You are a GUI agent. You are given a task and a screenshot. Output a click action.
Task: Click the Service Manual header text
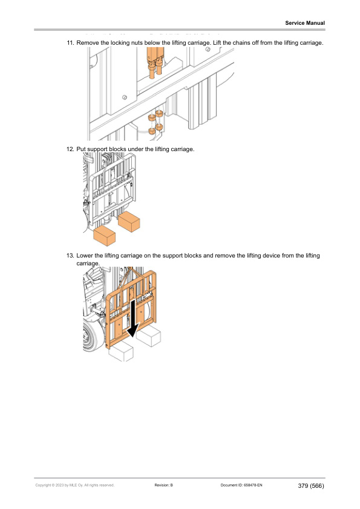tap(305, 23)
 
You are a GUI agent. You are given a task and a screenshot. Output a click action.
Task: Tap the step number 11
tap(70, 43)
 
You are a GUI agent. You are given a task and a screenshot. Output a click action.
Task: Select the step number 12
tap(70, 149)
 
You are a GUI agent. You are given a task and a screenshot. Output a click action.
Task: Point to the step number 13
tap(70, 256)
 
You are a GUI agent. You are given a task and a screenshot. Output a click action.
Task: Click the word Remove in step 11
tap(88, 43)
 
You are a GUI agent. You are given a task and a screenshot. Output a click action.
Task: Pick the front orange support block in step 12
tap(104, 236)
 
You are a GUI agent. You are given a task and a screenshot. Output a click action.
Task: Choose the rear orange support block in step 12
tap(129, 221)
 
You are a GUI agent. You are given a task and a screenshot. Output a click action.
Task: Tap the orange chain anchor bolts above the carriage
tap(155, 63)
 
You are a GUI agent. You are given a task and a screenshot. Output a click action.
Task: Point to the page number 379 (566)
tap(311, 485)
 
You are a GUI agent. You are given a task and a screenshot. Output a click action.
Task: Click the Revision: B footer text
tap(164, 485)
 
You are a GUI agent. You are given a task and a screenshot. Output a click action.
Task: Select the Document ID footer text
tap(241, 485)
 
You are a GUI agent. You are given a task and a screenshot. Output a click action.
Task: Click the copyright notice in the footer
tap(75, 485)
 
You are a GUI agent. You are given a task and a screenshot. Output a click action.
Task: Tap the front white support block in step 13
tap(120, 351)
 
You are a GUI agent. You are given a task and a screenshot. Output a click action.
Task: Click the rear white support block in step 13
tap(148, 336)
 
